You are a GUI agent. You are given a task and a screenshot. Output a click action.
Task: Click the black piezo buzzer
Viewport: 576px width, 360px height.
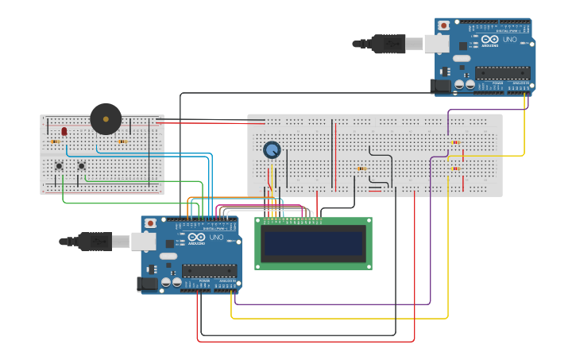(x=106, y=118)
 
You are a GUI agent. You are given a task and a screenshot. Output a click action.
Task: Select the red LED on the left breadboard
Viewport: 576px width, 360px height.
(x=64, y=131)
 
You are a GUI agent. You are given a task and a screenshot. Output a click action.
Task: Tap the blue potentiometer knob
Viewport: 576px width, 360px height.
(x=272, y=149)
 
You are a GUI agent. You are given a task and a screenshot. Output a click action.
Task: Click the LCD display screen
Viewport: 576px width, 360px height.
(x=314, y=243)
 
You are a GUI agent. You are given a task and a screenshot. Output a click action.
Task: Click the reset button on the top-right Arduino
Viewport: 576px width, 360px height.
(x=443, y=25)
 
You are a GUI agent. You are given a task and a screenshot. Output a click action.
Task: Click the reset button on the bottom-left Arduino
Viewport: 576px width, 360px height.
(x=149, y=223)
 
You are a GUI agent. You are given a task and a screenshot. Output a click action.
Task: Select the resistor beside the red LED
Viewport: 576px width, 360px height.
(x=55, y=141)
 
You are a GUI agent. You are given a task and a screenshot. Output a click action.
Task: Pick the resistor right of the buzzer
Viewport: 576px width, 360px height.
(x=122, y=141)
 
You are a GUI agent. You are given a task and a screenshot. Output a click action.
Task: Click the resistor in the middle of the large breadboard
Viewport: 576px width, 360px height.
(x=361, y=168)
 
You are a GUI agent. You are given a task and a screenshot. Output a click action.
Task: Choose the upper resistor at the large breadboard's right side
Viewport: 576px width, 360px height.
(x=455, y=142)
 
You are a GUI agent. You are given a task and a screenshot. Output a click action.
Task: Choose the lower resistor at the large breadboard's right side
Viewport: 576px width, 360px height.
(x=455, y=168)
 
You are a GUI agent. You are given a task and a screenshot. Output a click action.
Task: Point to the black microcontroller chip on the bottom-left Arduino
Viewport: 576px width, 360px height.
(x=209, y=270)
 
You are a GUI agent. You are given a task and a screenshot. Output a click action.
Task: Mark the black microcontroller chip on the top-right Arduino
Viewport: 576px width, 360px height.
(x=502, y=72)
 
